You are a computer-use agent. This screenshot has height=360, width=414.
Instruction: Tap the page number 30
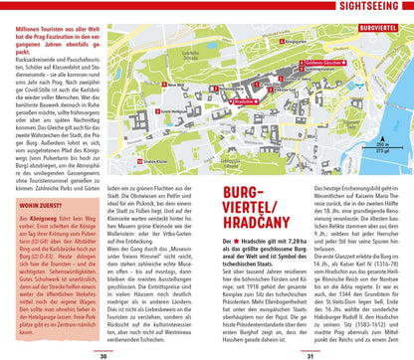103,354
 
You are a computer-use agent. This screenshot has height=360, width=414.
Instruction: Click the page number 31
310,354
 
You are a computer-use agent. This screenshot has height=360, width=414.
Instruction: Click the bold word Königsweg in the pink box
51,218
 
